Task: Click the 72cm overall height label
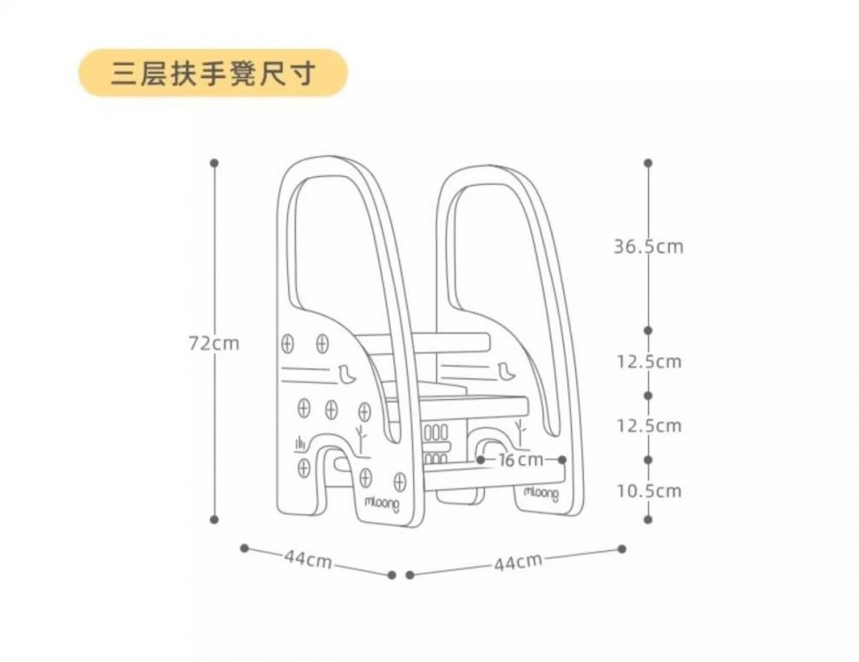coord(214,344)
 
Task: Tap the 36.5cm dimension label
coord(648,246)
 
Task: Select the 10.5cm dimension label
coord(648,491)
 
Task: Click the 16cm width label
coord(520,459)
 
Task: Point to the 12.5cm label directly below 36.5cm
coord(648,361)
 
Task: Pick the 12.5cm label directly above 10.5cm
coord(648,426)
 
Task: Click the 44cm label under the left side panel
coord(308,560)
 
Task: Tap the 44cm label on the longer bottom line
coord(518,562)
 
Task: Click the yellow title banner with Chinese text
coord(213,73)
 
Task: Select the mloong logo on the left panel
coord(383,503)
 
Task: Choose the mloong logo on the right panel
coord(541,493)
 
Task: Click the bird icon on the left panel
coord(348,375)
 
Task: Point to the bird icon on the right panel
coord(507,371)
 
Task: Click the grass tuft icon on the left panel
coord(299,444)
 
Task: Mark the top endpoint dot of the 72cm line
coord(214,162)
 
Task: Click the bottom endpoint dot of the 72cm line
coord(214,520)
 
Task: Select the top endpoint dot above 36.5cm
coord(648,162)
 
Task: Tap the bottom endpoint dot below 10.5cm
coord(648,520)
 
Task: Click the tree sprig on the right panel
coord(520,429)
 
